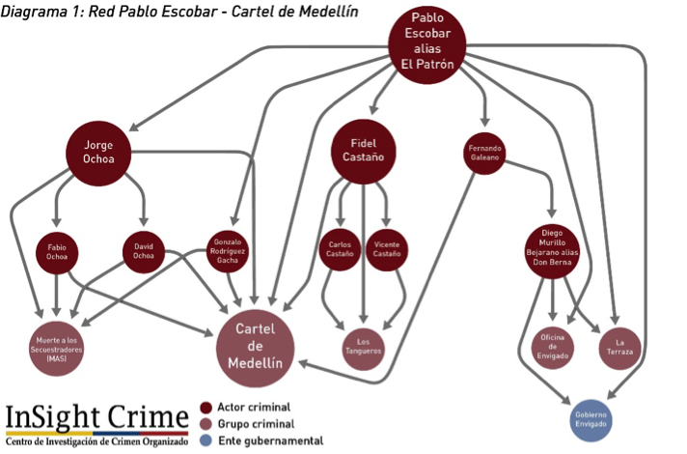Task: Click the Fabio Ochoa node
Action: [57, 253]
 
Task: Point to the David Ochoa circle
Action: [145, 253]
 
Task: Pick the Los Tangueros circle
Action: [364, 346]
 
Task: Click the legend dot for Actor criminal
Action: [205, 408]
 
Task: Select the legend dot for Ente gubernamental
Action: [205, 440]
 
